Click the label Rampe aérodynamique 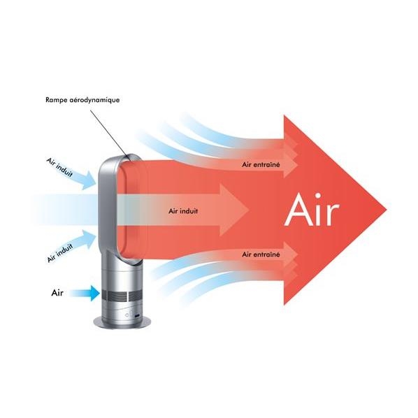click(x=82, y=100)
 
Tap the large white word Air click(x=312, y=210)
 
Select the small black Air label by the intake click(x=57, y=293)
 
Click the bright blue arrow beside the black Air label click(x=85, y=294)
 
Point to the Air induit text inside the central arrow click(x=183, y=211)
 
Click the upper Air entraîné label click(x=261, y=164)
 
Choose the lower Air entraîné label click(x=261, y=254)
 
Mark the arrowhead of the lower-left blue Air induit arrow click(x=89, y=238)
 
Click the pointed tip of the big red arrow click(x=387, y=210)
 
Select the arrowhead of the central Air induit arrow click(x=234, y=210)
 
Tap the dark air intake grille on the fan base click(x=122, y=296)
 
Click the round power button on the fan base click(x=127, y=315)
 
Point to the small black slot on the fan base click(x=137, y=316)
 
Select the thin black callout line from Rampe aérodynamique click(x=108, y=132)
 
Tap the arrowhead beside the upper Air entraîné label click(x=291, y=165)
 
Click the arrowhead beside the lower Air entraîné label click(x=291, y=254)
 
